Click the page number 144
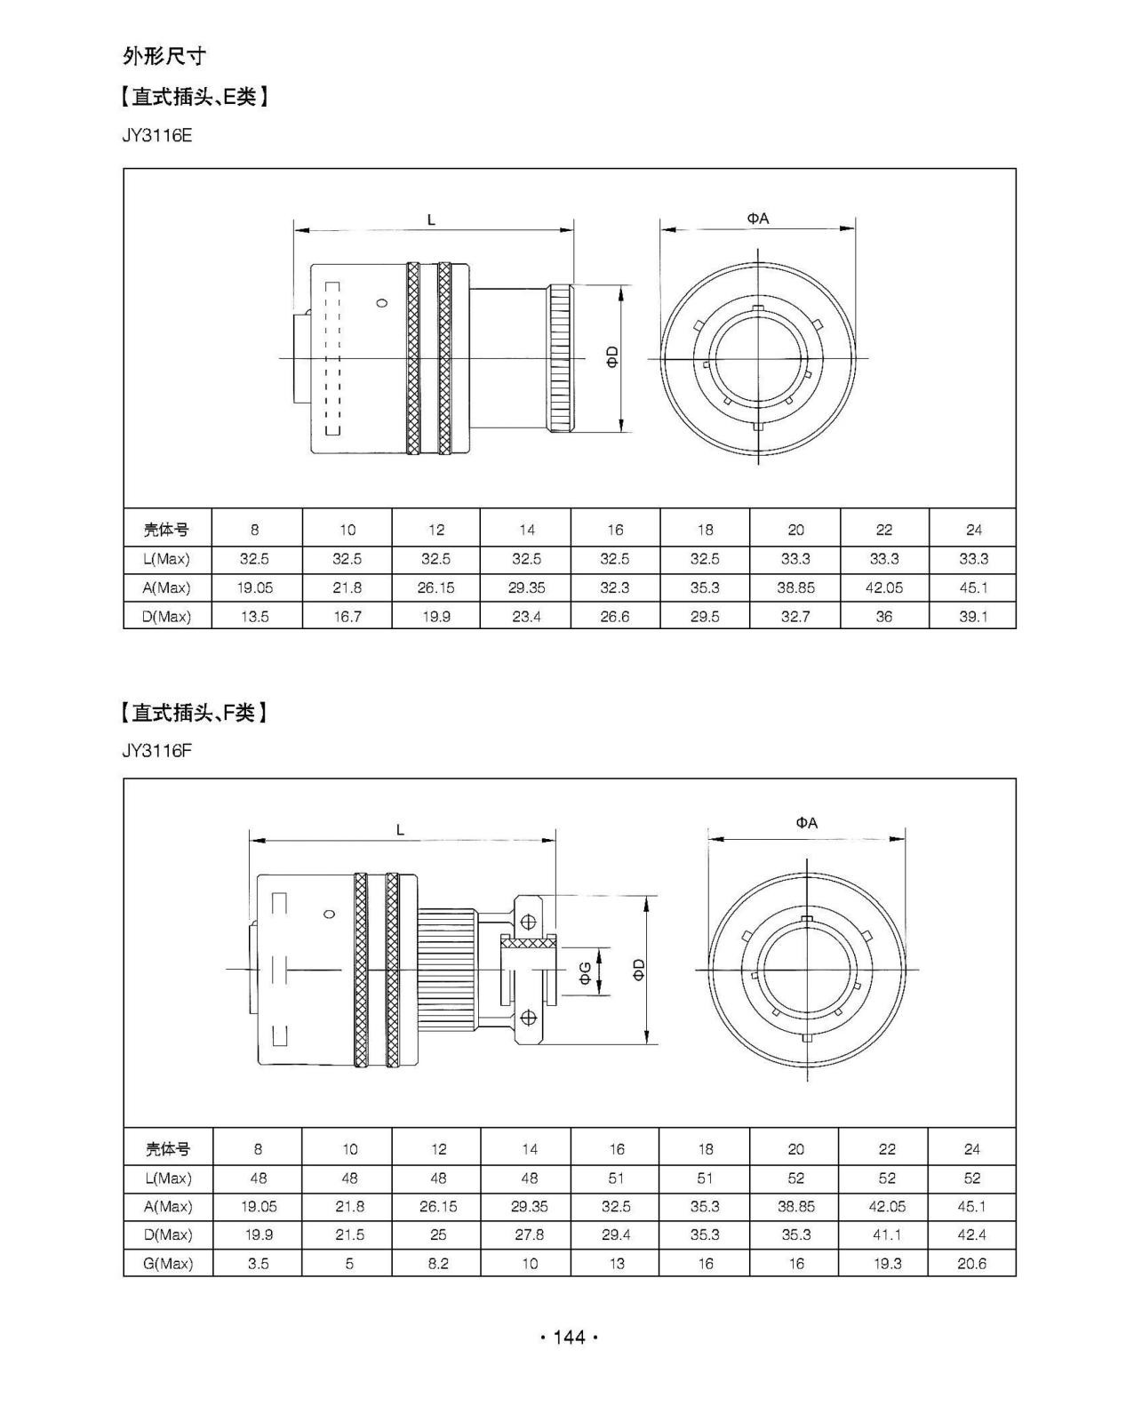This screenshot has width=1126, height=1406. (569, 1337)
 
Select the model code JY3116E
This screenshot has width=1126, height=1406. (156, 136)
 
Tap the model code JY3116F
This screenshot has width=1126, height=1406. (156, 751)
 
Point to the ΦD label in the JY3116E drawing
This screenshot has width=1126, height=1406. (612, 356)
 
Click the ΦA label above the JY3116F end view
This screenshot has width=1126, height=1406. (806, 823)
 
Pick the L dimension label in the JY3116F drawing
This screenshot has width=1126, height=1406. (401, 830)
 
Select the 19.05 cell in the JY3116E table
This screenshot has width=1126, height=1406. (255, 588)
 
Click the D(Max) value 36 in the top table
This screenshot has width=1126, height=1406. (883, 617)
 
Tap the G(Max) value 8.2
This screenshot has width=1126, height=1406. (438, 1264)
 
